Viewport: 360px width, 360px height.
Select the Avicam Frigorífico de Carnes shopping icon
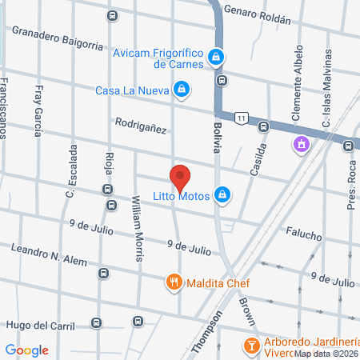pos(215,57)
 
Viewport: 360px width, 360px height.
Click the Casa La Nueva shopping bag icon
pos(182,90)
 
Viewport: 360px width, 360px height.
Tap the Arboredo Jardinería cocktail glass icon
pos(250,346)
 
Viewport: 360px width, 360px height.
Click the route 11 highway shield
pos(240,118)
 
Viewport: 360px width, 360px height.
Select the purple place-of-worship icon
pos(302,145)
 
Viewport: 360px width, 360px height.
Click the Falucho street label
pos(303,237)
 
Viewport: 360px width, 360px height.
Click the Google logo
pos(26,350)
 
